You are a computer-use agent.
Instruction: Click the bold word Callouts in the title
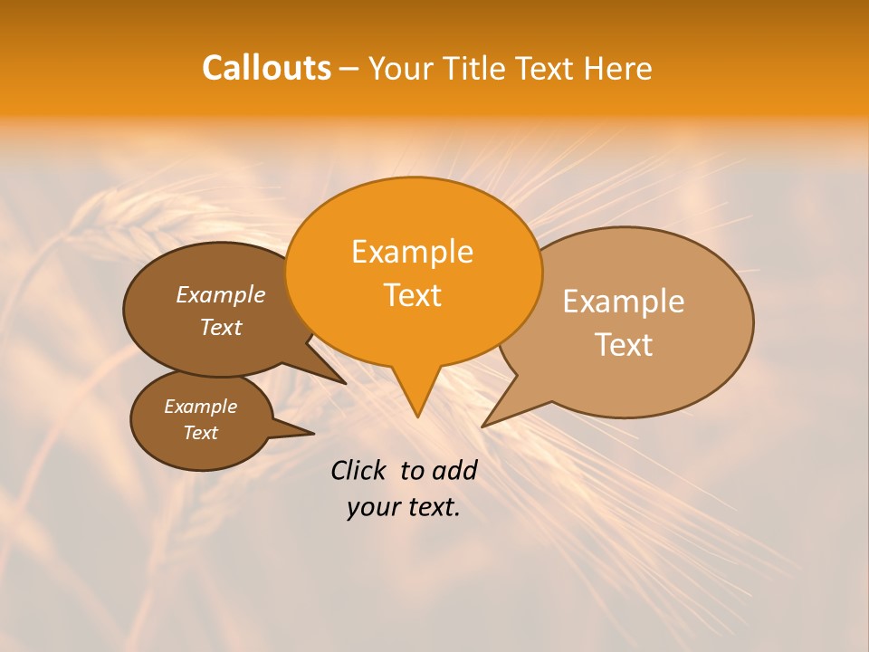[266, 68]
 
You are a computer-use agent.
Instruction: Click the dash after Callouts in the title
[349, 69]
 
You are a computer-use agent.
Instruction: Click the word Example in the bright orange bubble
[412, 252]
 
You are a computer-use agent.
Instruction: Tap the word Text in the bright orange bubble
[412, 295]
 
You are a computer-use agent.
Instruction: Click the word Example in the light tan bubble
[624, 302]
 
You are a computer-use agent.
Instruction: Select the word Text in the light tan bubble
[624, 345]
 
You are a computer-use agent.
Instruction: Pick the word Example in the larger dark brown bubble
[221, 294]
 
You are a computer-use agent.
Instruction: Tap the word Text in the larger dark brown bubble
[221, 327]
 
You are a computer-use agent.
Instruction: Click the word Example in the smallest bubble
[200, 407]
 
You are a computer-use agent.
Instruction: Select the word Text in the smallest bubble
[200, 433]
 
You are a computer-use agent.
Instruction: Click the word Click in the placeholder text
[358, 470]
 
